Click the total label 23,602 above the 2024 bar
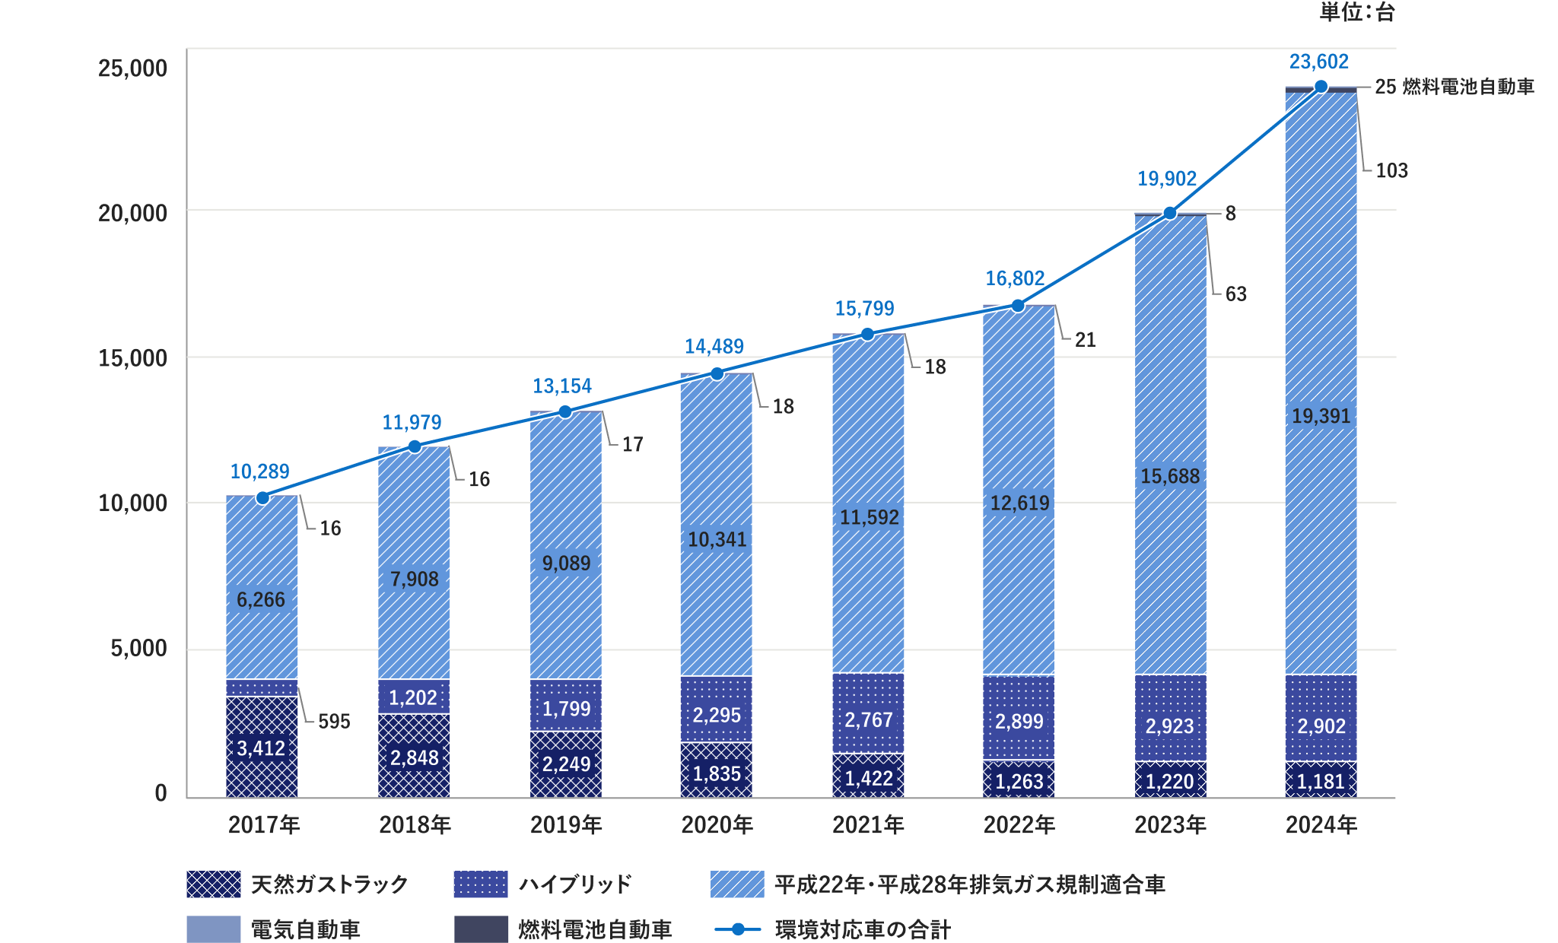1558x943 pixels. pyautogui.click(x=1318, y=62)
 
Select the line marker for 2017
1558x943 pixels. pyautogui.click(x=262, y=498)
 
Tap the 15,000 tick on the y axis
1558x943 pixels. pyautogui.click(x=132, y=358)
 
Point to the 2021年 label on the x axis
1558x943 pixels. pyautogui.click(x=868, y=824)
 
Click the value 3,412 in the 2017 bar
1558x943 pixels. pyautogui.click(x=261, y=748)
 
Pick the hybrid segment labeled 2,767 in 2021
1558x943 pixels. pyautogui.click(x=868, y=719)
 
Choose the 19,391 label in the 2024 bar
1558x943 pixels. pyautogui.click(x=1321, y=416)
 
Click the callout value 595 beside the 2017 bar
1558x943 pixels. pyautogui.click(x=334, y=721)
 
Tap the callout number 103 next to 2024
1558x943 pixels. pyautogui.click(x=1391, y=170)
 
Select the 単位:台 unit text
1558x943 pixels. pyautogui.click(x=1356, y=12)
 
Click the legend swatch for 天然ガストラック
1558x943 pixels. pyautogui.click(x=214, y=884)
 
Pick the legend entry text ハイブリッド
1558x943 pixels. pyautogui.click(x=574, y=884)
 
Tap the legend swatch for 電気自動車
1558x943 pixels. pyautogui.click(x=214, y=929)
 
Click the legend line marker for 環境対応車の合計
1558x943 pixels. pyautogui.click(x=737, y=929)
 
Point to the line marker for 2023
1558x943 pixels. pyautogui.click(x=1170, y=213)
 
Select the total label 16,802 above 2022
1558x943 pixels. pyautogui.click(x=1015, y=278)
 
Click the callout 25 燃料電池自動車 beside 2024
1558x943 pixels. pyautogui.click(x=1454, y=87)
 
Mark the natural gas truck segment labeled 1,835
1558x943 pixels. pyautogui.click(x=717, y=773)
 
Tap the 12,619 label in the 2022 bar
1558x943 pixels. pyautogui.click(x=1019, y=503)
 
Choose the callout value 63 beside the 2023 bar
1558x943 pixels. pyautogui.click(x=1235, y=294)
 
